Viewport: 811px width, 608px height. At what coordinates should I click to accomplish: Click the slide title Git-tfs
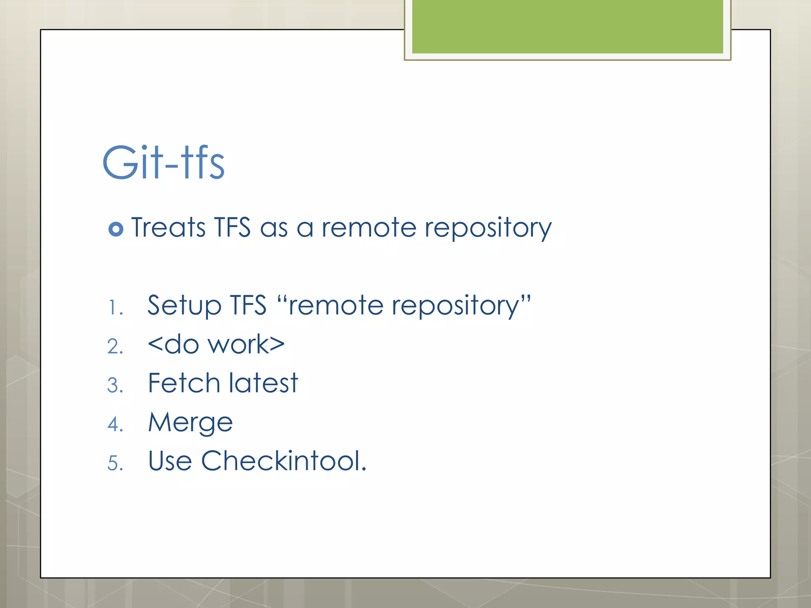pyautogui.click(x=164, y=163)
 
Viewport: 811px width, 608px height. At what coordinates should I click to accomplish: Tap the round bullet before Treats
pyautogui.click(x=116, y=229)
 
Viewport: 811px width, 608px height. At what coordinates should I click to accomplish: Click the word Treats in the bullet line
pyautogui.click(x=168, y=228)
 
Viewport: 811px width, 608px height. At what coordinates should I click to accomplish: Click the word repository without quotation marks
pyautogui.click(x=488, y=229)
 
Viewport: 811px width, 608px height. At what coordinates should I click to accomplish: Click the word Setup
pyautogui.click(x=184, y=306)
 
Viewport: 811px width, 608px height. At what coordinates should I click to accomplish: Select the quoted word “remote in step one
pyautogui.click(x=330, y=306)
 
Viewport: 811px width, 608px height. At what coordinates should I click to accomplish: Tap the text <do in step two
pyautogui.click(x=173, y=344)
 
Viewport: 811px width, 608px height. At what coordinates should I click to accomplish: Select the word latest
pyautogui.click(x=263, y=383)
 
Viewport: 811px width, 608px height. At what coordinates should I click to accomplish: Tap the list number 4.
pyautogui.click(x=115, y=424)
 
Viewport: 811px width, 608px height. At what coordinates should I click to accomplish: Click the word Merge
pyautogui.click(x=190, y=422)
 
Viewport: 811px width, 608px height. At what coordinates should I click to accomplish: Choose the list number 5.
pyautogui.click(x=115, y=463)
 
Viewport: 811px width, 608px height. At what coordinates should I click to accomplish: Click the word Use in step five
pyautogui.click(x=170, y=461)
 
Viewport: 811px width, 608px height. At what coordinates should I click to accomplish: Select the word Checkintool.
pyautogui.click(x=284, y=461)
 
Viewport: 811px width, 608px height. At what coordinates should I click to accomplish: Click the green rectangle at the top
pyautogui.click(x=567, y=27)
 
